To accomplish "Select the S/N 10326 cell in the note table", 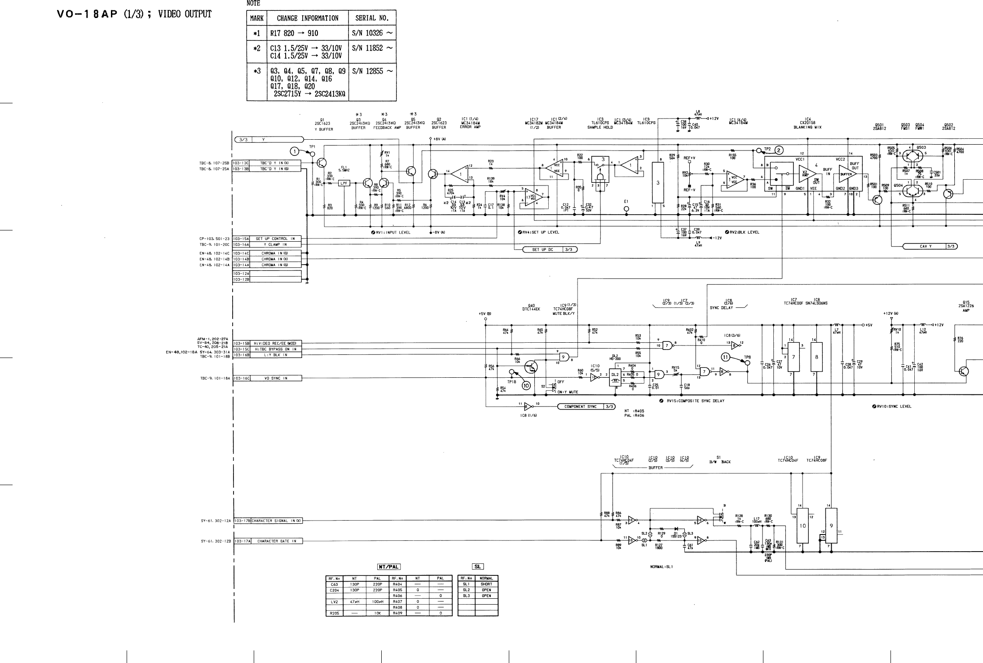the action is [372, 33].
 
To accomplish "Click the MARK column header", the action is [256, 18].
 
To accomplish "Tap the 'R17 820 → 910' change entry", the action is [294, 33].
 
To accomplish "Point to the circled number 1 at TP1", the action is [295, 150].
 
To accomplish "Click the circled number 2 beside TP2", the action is [778, 150].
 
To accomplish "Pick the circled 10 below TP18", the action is [526, 385].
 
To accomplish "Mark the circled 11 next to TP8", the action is [726, 357].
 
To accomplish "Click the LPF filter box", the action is [344, 183].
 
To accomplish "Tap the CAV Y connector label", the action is [924, 246].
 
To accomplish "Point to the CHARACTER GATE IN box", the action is [277, 541].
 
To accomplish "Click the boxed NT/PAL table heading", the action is [388, 567].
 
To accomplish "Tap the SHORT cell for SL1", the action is [486, 584].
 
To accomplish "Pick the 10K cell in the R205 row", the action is [376, 613].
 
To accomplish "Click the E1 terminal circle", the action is [626, 209].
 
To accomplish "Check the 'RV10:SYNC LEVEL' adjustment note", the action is [894, 407].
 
